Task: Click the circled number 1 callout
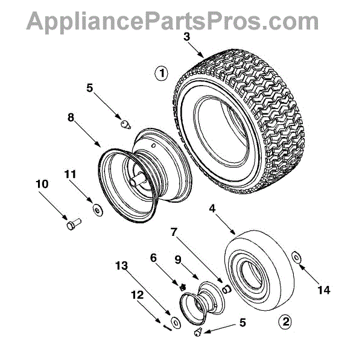pyautogui.click(x=161, y=75)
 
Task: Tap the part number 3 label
pyautogui.click(x=187, y=37)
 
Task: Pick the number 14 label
pyautogui.click(x=324, y=290)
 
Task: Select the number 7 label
pyautogui.click(x=174, y=232)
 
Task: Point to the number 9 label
pyautogui.click(x=178, y=260)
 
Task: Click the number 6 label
pyautogui.click(x=153, y=257)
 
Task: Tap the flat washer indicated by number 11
pyautogui.click(x=96, y=209)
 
